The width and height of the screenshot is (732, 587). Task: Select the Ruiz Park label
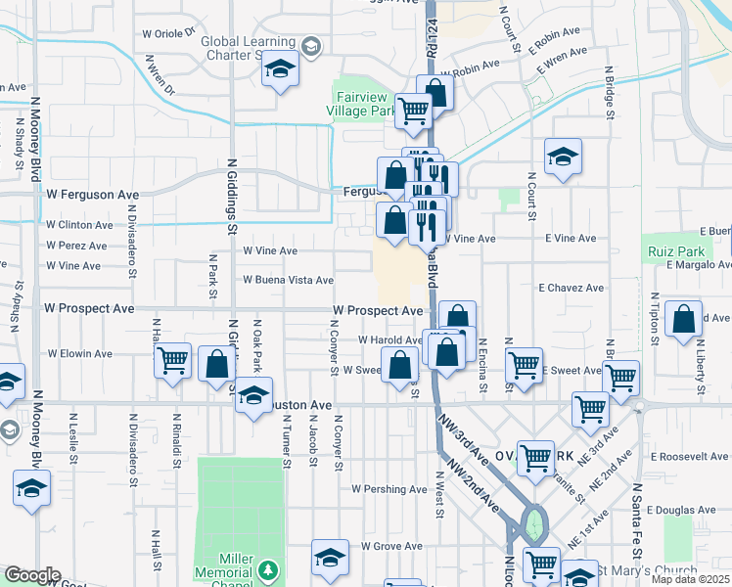(x=669, y=251)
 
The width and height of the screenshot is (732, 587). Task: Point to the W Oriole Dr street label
(x=169, y=32)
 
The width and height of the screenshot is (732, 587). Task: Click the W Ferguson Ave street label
(x=93, y=195)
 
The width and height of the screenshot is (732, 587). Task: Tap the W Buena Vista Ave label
(x=289, y=280)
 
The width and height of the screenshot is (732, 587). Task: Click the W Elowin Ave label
(x=80, y=353)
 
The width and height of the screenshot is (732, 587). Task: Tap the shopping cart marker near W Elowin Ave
(x=173, y=360)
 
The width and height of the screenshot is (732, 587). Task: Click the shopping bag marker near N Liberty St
(x=683, y=318)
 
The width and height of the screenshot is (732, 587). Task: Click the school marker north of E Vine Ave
(x=563, y=157)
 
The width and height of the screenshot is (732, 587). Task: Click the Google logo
(x=31, y=575)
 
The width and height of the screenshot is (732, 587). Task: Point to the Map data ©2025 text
(x=690, y=579)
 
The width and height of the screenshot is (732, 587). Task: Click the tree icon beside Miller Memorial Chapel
(x=267, y=569)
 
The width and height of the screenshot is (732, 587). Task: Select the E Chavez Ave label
(x=572, y=288)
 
